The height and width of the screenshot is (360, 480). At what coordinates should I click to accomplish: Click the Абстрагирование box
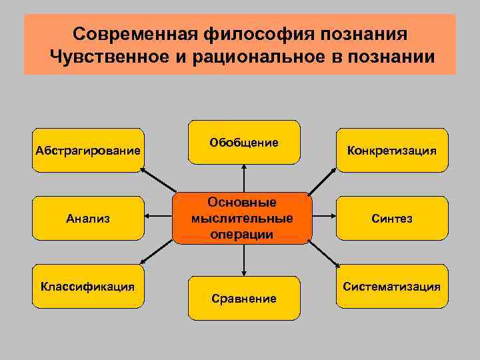pyautogui.click(x=88, y=150)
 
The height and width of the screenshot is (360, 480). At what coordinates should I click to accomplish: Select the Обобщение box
pyautogui.click(x=244, y=142)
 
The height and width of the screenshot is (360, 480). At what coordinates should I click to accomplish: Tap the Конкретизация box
pyautogui.click(x=391, y=150)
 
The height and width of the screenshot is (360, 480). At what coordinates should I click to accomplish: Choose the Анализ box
pyautogui.click(x=88, y=218)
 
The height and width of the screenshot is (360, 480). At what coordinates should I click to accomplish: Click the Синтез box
pyautogui.click(x=391, y=218)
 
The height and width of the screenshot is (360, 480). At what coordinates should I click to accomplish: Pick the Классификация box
pyautogui.click(x=88, y=287)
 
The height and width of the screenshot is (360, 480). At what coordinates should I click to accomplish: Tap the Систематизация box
pyautogui.click(x=391, y=287)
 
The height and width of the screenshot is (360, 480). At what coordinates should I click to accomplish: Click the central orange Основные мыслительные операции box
pyautogui.click(x=241, y=218)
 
